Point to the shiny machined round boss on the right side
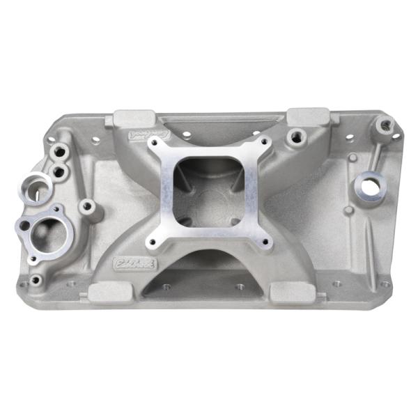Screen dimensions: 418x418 click(x=370, y=185)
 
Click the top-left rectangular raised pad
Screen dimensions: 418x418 click(x=134, y=118)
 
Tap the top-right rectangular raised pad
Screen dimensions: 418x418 click(x=308, y=116)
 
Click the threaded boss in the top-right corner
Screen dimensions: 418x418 click(x=383, y=125)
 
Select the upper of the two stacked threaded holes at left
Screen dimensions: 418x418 click(x=61, y=150)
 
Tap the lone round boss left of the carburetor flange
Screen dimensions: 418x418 click(x=88, y=207)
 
